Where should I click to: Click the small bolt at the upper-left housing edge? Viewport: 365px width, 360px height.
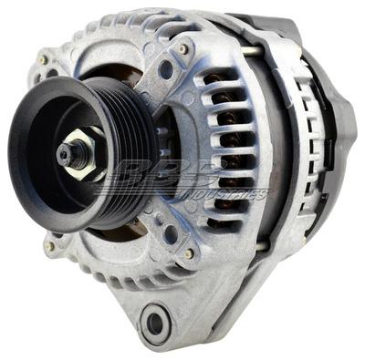point(43,60)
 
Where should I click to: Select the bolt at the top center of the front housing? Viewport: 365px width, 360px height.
point(183,48)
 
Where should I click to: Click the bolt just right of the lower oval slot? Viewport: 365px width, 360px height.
point(189,253)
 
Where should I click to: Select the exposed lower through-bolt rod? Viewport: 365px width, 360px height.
point(262,244)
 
